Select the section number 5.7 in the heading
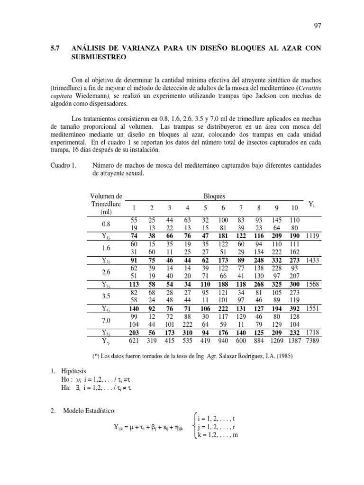tap(56, 48)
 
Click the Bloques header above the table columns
tap(214, 196)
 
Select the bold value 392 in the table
tap(294, 308)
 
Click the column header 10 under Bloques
tap(293, 208)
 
